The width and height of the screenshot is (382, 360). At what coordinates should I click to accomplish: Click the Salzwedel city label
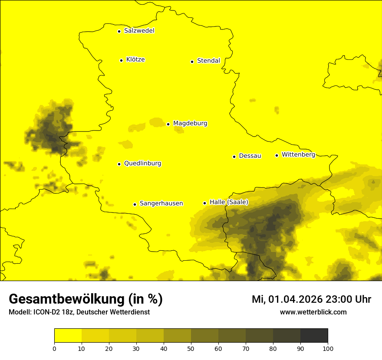tap(139, 31)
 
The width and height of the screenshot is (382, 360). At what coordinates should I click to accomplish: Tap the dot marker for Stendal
tap(192, 62)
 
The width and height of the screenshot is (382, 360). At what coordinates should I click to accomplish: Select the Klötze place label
tap(135, 59)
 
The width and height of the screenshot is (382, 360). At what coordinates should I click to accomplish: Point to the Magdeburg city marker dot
tap(168, 124)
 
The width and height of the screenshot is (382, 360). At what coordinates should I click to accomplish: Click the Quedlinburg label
tap(142, 164)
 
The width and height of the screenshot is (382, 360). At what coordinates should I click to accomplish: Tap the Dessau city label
tap(250, 156)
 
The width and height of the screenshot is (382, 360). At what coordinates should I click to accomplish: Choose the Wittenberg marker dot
tap(277, 155)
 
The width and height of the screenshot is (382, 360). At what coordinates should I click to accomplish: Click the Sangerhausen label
tap(161, 203)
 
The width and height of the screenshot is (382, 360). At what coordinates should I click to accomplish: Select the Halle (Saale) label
tap(229, 202)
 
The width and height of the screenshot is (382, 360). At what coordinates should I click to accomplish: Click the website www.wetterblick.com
tap(313, 312)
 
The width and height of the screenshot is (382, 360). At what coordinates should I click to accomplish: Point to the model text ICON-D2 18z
tap(52, 312)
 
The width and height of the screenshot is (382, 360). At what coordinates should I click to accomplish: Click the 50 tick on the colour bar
tap(191, 348)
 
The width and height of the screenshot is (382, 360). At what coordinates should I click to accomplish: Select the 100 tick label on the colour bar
tap(328, 348)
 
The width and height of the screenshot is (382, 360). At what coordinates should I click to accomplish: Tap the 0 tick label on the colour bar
tap(54, 348)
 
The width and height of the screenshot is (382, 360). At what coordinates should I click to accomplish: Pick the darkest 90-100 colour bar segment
tap(314, 336)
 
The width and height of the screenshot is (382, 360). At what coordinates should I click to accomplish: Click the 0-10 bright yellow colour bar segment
tap(68, 336)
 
